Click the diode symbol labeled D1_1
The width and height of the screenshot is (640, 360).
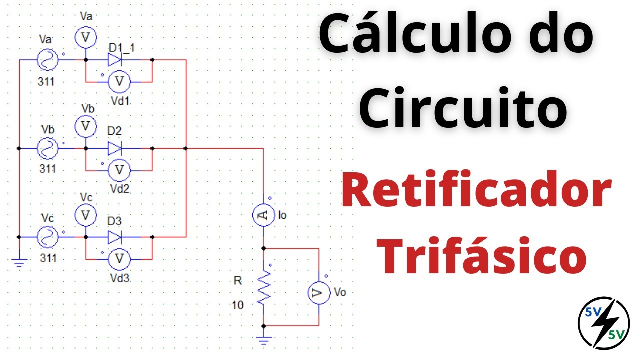click(115, 60)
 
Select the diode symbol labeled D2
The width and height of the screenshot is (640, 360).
click(115, 148)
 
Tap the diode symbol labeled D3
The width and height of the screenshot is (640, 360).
click(115, 237)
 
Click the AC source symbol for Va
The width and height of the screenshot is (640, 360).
click(47, 60)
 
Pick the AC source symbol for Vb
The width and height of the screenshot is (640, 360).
click(47, 148)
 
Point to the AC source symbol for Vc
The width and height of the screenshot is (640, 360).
click(47, 237)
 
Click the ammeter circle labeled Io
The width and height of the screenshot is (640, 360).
click(263, 215)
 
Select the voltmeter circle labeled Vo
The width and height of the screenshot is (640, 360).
click(319, 293)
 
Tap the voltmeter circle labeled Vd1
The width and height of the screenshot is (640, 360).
click(119, 82)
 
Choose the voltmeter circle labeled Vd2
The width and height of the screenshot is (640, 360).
click(119, 170)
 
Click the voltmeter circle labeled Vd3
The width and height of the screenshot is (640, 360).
click(119, 259)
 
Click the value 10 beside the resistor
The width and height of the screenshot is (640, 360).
click(237, 305)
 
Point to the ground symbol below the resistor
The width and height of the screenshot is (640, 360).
click(264, 340)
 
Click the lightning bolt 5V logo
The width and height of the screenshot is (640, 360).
click(604, 323)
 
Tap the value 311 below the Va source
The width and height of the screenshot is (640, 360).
click(46, 82)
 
